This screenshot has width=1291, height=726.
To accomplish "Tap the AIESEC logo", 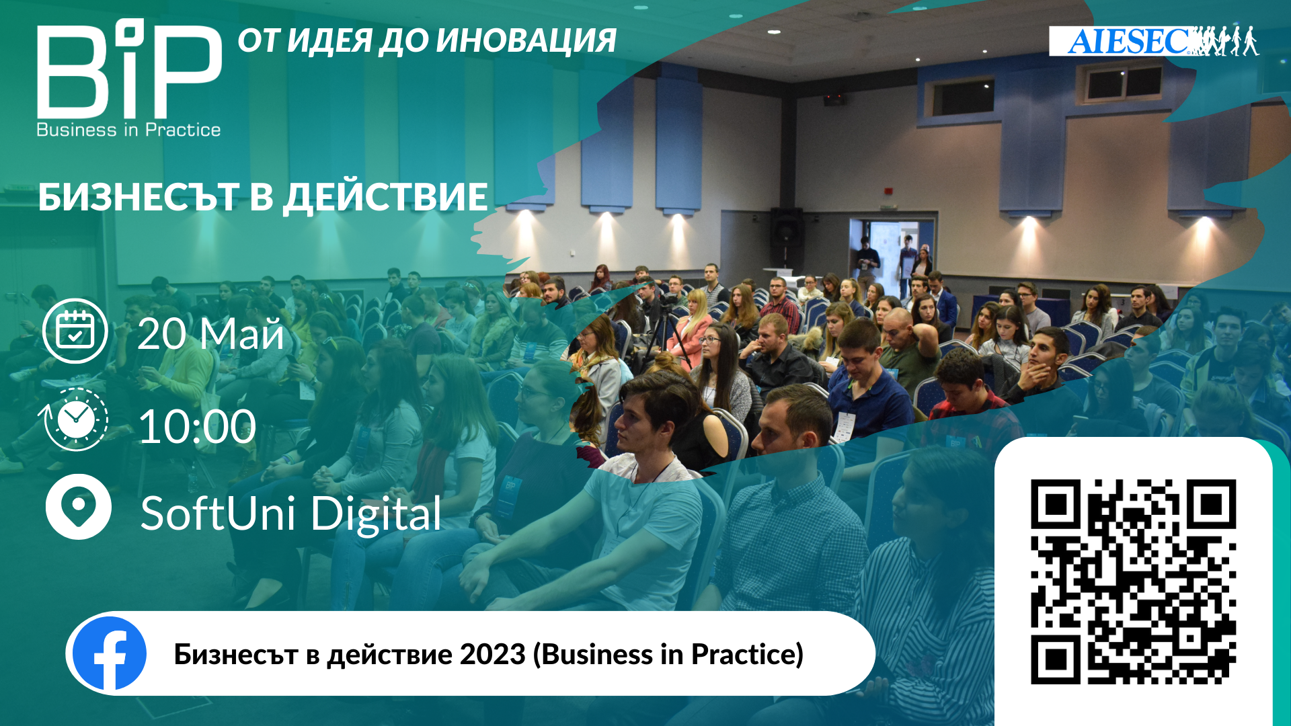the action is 1154,41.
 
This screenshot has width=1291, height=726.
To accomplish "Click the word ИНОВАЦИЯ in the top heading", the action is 526,40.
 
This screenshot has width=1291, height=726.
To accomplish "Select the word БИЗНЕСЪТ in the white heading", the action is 139,197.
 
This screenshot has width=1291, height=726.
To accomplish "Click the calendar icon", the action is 75,331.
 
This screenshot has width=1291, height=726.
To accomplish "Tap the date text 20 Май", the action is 210,333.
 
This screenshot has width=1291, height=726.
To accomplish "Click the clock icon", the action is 74,419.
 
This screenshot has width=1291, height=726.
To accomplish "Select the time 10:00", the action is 197,426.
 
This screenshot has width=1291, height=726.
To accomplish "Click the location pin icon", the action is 78,507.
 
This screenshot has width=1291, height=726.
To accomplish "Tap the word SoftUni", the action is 217,514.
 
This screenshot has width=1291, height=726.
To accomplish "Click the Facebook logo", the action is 109,653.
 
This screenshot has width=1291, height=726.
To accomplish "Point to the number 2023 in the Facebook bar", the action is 492,654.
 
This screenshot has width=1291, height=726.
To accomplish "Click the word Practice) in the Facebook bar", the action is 747,655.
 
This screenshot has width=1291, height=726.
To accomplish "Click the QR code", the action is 1133,581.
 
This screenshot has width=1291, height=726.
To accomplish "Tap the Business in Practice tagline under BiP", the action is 128,130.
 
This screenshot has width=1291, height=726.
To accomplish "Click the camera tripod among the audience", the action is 666,333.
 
